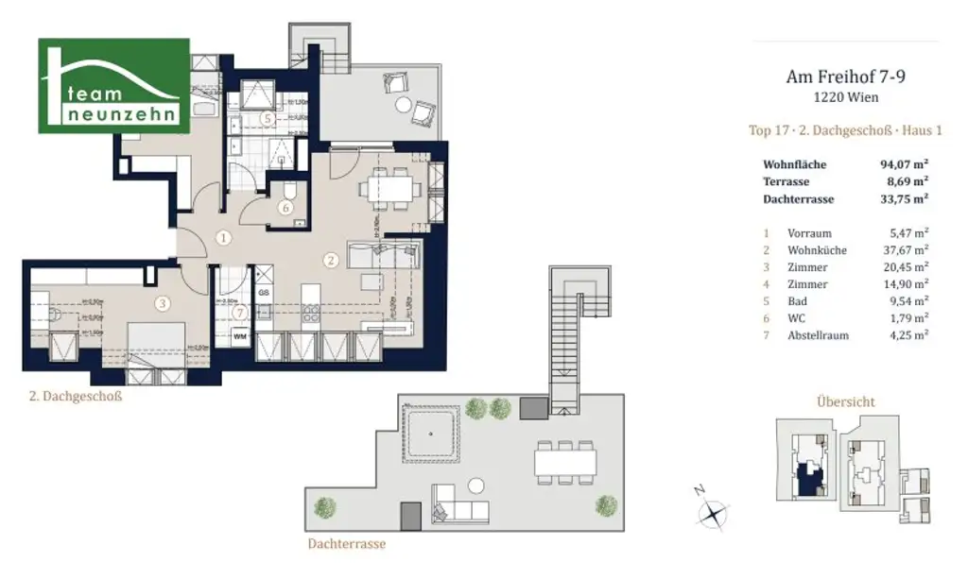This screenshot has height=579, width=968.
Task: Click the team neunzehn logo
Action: (x=113, y=86)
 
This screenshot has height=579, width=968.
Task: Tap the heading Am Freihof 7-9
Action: (x=843, y=77)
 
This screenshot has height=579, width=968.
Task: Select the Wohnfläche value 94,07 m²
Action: (x=903, y=164)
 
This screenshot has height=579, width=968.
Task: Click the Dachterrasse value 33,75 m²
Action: (x=903, y=198)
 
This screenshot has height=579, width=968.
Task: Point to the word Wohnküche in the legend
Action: (x=817, y=250)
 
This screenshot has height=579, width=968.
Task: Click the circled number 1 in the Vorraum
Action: (x=223, y=238)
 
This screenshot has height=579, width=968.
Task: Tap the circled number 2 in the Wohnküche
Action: (x=330, y=259)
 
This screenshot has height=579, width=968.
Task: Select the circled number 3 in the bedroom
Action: (x=163, y=304)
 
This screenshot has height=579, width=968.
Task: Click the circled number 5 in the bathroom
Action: (x=269, y=119)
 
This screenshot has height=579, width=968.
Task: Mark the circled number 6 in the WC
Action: (x=285, y=208)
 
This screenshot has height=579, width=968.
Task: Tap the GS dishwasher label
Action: (x=264, y=293)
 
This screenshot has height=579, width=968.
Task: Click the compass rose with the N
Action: (x=710, y=513)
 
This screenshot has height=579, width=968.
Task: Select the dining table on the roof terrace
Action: (x=565, y=461)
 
